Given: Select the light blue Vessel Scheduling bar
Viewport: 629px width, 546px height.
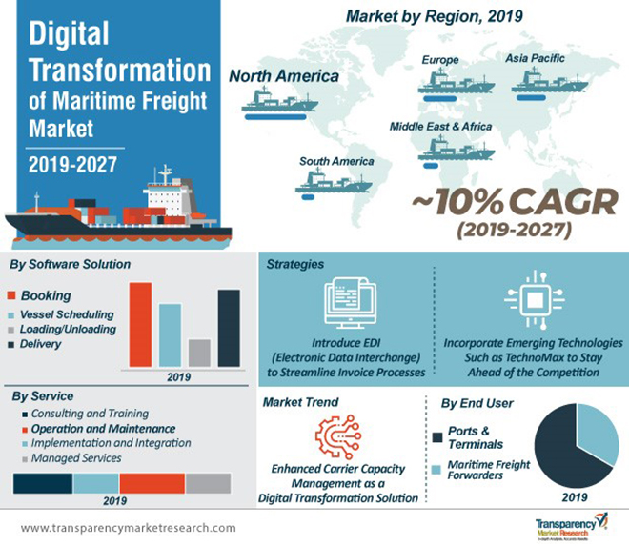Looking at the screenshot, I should click(170, 334).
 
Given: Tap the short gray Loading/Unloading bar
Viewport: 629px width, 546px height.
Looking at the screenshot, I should click(199, 353).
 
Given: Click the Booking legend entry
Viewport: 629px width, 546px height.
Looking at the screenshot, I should click(45, 295).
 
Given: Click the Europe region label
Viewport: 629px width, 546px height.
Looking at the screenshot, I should click(439, 60).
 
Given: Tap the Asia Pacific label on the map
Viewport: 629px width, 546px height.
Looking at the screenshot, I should click(535, 59).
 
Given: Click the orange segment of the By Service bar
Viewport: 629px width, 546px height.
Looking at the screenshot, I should click(152, 483).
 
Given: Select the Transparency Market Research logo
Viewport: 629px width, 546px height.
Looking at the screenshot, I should click(566, 524).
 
